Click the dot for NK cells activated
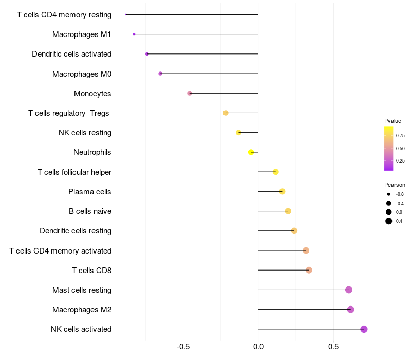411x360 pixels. pyautogui.click(x=364, y=329)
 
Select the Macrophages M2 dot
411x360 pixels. pyautogui.click(x=350, y=310)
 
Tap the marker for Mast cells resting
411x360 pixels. pyautogui.click(x=349, y=290)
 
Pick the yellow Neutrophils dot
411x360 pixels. pyautogui.click(x=251, y=152)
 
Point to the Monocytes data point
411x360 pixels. pyautogui.click(x=190, y=93)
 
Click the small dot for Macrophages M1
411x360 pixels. pyautogui.click(x=134, y=34)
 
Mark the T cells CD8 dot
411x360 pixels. pyautogui.click(x=309, y=270)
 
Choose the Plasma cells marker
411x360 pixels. pyautogui.click(x=282, y=192)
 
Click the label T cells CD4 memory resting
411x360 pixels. pyautogui.click(x=64, y=15)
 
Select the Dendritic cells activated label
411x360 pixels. pyautogui.click(x=71, y=54)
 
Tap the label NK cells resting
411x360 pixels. pyautogui.click(x=85, y=133)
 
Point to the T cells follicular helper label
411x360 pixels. pyautogui.click(x=74, y=172)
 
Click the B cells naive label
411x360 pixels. pyautogui.click(x=90, y=211)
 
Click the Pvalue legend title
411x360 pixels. pyautogui.click(x=393, y=121)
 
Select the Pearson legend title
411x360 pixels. pyautogui.click(x=395, y=185)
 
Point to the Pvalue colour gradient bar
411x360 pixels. pyautogui.click(x=389, y=148)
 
